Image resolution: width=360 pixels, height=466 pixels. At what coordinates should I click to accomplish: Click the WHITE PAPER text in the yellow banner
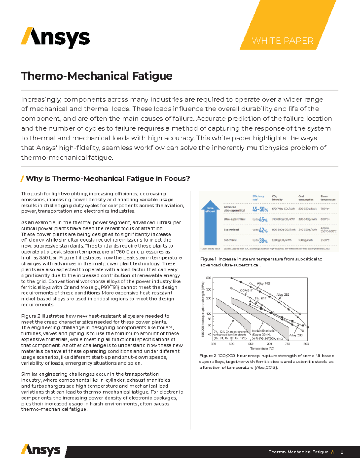tap(282, 41)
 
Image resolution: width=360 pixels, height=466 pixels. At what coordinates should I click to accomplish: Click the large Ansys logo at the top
tap(55, 38)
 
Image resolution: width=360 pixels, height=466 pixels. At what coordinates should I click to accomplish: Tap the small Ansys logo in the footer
tap(41, 450)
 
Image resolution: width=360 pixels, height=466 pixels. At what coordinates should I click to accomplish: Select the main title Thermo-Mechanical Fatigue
tap(97, 76)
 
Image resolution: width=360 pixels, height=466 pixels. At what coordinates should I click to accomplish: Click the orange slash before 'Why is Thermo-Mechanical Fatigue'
tap(22, 179)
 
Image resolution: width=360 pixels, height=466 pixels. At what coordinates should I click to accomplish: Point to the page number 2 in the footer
tap(342, 452)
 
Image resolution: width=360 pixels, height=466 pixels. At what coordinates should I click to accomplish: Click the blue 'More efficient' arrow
tap(210, 223)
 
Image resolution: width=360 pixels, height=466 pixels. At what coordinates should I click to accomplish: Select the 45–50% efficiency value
tap(260, 209)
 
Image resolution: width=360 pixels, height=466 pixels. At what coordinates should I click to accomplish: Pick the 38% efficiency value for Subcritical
tap(263, 240)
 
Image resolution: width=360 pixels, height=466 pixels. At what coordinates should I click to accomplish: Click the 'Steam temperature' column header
tap(328, 198)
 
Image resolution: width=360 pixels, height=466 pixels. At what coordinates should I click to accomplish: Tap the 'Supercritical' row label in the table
tap(231, 230)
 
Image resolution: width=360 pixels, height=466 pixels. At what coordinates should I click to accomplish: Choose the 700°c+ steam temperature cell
tap(325, 209)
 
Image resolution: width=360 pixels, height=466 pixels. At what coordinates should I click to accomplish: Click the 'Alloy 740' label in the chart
tap(263, 284)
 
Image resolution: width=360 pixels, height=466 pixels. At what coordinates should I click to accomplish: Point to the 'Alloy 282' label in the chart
tap(283, 295)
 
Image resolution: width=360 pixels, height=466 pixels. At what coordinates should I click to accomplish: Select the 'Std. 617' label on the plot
tap(260, 299)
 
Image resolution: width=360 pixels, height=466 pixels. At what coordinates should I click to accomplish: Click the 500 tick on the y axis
tap(208, 278)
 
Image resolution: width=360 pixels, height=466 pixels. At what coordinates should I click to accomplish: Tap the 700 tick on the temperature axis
tap(269, 344)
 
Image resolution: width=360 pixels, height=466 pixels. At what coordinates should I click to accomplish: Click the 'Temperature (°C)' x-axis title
tap(262, 349)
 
